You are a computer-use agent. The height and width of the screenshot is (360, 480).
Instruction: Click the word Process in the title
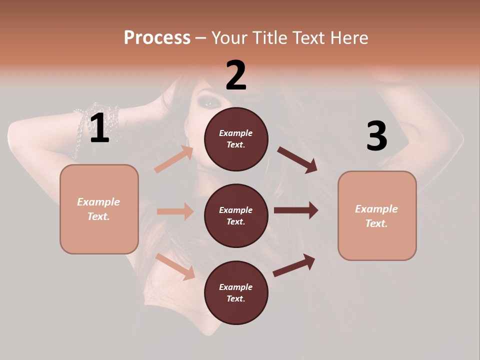click(157, 37)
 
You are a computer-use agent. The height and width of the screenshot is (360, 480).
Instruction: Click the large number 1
click(99, 128)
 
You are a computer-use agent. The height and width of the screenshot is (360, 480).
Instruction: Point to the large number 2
click(236, 75)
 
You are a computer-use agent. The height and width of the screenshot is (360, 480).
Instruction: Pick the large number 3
click(376, 136)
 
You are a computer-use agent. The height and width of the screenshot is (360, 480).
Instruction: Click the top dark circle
click(236, 139)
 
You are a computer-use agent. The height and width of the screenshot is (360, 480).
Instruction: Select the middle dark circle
click(236, 215)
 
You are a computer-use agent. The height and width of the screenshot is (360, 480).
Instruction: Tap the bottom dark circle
click(236, 292)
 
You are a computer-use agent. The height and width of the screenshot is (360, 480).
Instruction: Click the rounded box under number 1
click(99, 209)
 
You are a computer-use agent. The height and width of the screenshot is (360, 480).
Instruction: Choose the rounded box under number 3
click(377, 215)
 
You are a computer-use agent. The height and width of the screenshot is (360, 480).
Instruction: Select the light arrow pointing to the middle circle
click(175, 211)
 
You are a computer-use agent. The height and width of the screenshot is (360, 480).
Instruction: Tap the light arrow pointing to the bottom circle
click(175, 266)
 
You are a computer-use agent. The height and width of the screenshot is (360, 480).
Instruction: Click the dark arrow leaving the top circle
click(297, 160)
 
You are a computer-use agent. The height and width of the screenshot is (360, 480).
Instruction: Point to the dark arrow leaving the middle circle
click(295, 210)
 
